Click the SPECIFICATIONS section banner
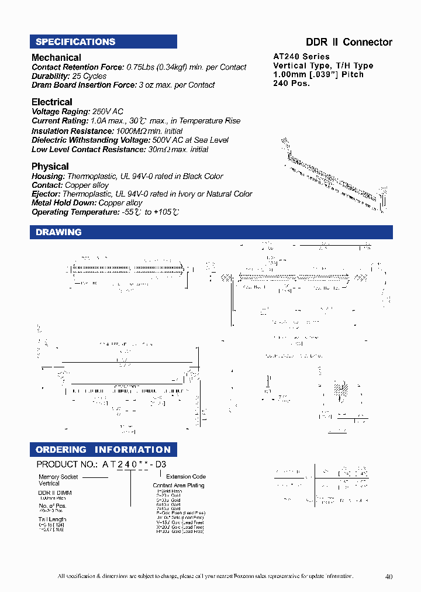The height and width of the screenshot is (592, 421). (103, 42)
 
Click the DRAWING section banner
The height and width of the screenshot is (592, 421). (210, 232)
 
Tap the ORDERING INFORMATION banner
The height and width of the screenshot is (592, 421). (103, 449)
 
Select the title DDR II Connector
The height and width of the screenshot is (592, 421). (349, 42)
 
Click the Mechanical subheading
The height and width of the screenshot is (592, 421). (56, 57)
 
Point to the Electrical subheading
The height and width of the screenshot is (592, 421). (52, 102)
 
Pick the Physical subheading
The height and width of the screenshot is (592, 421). (50, 166)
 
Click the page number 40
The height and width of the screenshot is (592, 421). (389, 577)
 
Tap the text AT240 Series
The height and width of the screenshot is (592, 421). (301, 57)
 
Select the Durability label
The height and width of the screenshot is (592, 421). (51, 76)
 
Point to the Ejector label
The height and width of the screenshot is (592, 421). (46, 194)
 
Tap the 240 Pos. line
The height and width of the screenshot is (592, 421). (291, 83)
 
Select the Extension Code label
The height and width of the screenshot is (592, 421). (186, 477)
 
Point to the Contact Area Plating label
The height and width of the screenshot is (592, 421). (178, 486)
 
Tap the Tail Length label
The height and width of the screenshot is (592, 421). (53, 519)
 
